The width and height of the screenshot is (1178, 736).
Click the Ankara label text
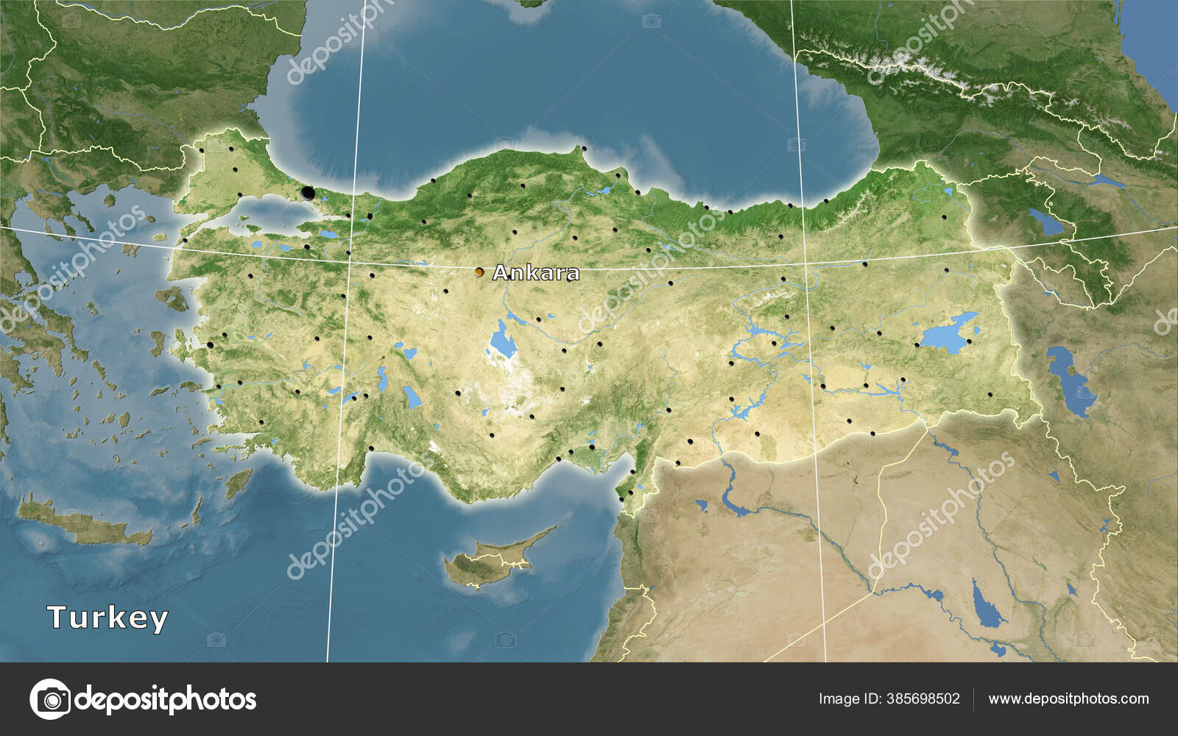click(535, 273)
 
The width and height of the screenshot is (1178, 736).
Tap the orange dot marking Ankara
click(479, 272)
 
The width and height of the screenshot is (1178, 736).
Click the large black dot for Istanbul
click(308, 194)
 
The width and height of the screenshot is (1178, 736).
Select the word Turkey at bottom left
click(107, 618)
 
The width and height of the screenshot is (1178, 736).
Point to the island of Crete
click(81, 524)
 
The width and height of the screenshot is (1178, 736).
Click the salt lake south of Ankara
click(504, 341)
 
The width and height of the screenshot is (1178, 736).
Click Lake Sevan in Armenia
click(1045, 221)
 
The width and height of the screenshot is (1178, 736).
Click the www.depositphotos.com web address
click(1068, 698)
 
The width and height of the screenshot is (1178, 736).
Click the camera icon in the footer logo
click(50, 698)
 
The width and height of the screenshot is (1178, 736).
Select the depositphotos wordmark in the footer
click(166, 698)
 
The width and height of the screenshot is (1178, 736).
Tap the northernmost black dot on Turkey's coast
click(584, 149)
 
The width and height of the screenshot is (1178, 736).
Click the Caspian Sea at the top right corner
click(1152, 37)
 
